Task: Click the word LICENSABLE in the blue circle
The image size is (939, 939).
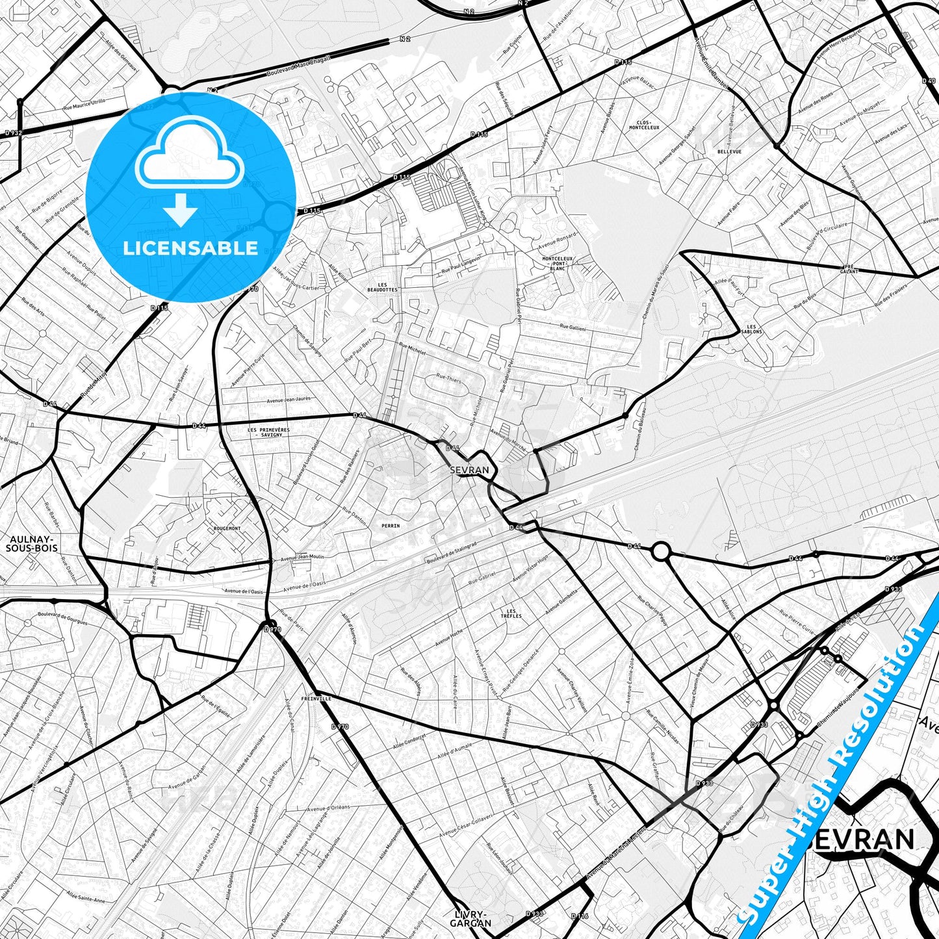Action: (190, 248)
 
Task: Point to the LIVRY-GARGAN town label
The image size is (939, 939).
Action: (469, 918)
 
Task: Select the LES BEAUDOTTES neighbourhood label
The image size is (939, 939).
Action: (381, 287)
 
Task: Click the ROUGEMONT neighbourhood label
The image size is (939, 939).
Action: (227, 528)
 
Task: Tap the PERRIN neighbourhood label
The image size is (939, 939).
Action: (391, 525)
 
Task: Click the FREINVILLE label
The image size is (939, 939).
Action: (316, 699)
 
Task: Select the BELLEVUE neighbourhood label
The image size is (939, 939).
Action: (729, 151)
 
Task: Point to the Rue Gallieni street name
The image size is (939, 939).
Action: (572, 328)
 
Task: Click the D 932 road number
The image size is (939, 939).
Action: (13, 132)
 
